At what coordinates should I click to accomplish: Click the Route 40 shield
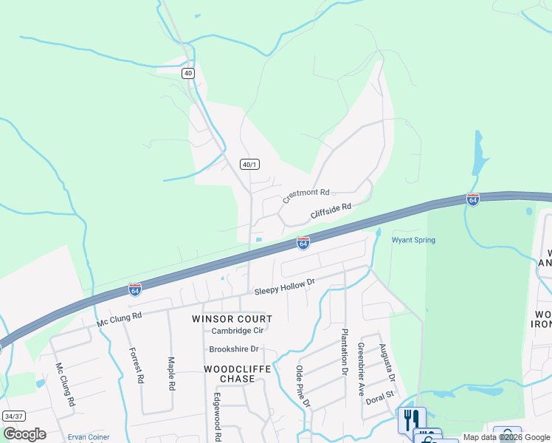(x=188, y=73)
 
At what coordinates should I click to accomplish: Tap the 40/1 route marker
(x=250, y=164)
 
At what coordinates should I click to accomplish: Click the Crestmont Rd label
(x=306, y=196)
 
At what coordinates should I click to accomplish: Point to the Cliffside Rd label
(x=331, y=212)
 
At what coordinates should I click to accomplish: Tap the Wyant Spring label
(x=413, y=240)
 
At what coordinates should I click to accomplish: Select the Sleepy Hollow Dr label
(x=285, y=287)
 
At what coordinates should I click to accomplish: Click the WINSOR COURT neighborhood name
(x=232, y=319)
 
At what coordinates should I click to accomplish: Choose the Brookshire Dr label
(x=234, y=348)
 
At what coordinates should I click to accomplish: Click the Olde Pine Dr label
(x=303, y=386)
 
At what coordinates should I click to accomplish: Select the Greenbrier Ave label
(x=362, y=370)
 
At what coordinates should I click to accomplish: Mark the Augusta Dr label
(x=387, y=363)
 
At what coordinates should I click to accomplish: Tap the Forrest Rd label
(x=136, y=366)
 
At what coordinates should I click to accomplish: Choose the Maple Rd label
(x=171, y=374)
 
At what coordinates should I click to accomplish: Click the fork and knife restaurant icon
(x=411, y=420)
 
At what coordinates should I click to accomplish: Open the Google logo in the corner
(x=24, y=433)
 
